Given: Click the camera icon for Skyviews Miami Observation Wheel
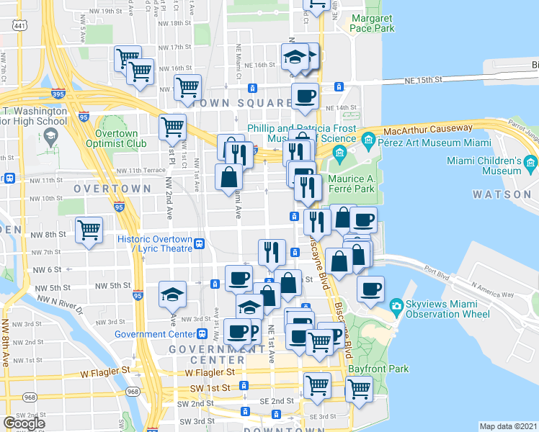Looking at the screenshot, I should click(395, 307).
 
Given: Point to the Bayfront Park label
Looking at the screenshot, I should click(382, 369).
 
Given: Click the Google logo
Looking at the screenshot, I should click(24, 423).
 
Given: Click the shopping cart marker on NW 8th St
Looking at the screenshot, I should click(89, 231).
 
